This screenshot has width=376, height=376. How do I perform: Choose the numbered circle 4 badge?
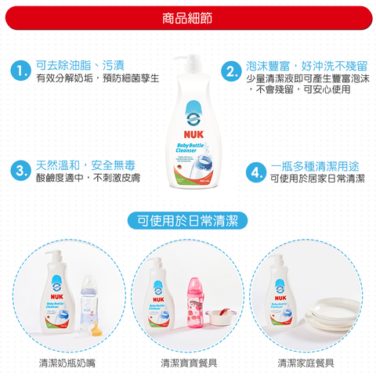point(254,172)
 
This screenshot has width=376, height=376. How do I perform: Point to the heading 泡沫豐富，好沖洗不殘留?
point(307,65)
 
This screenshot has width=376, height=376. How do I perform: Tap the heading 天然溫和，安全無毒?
point(86,164)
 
